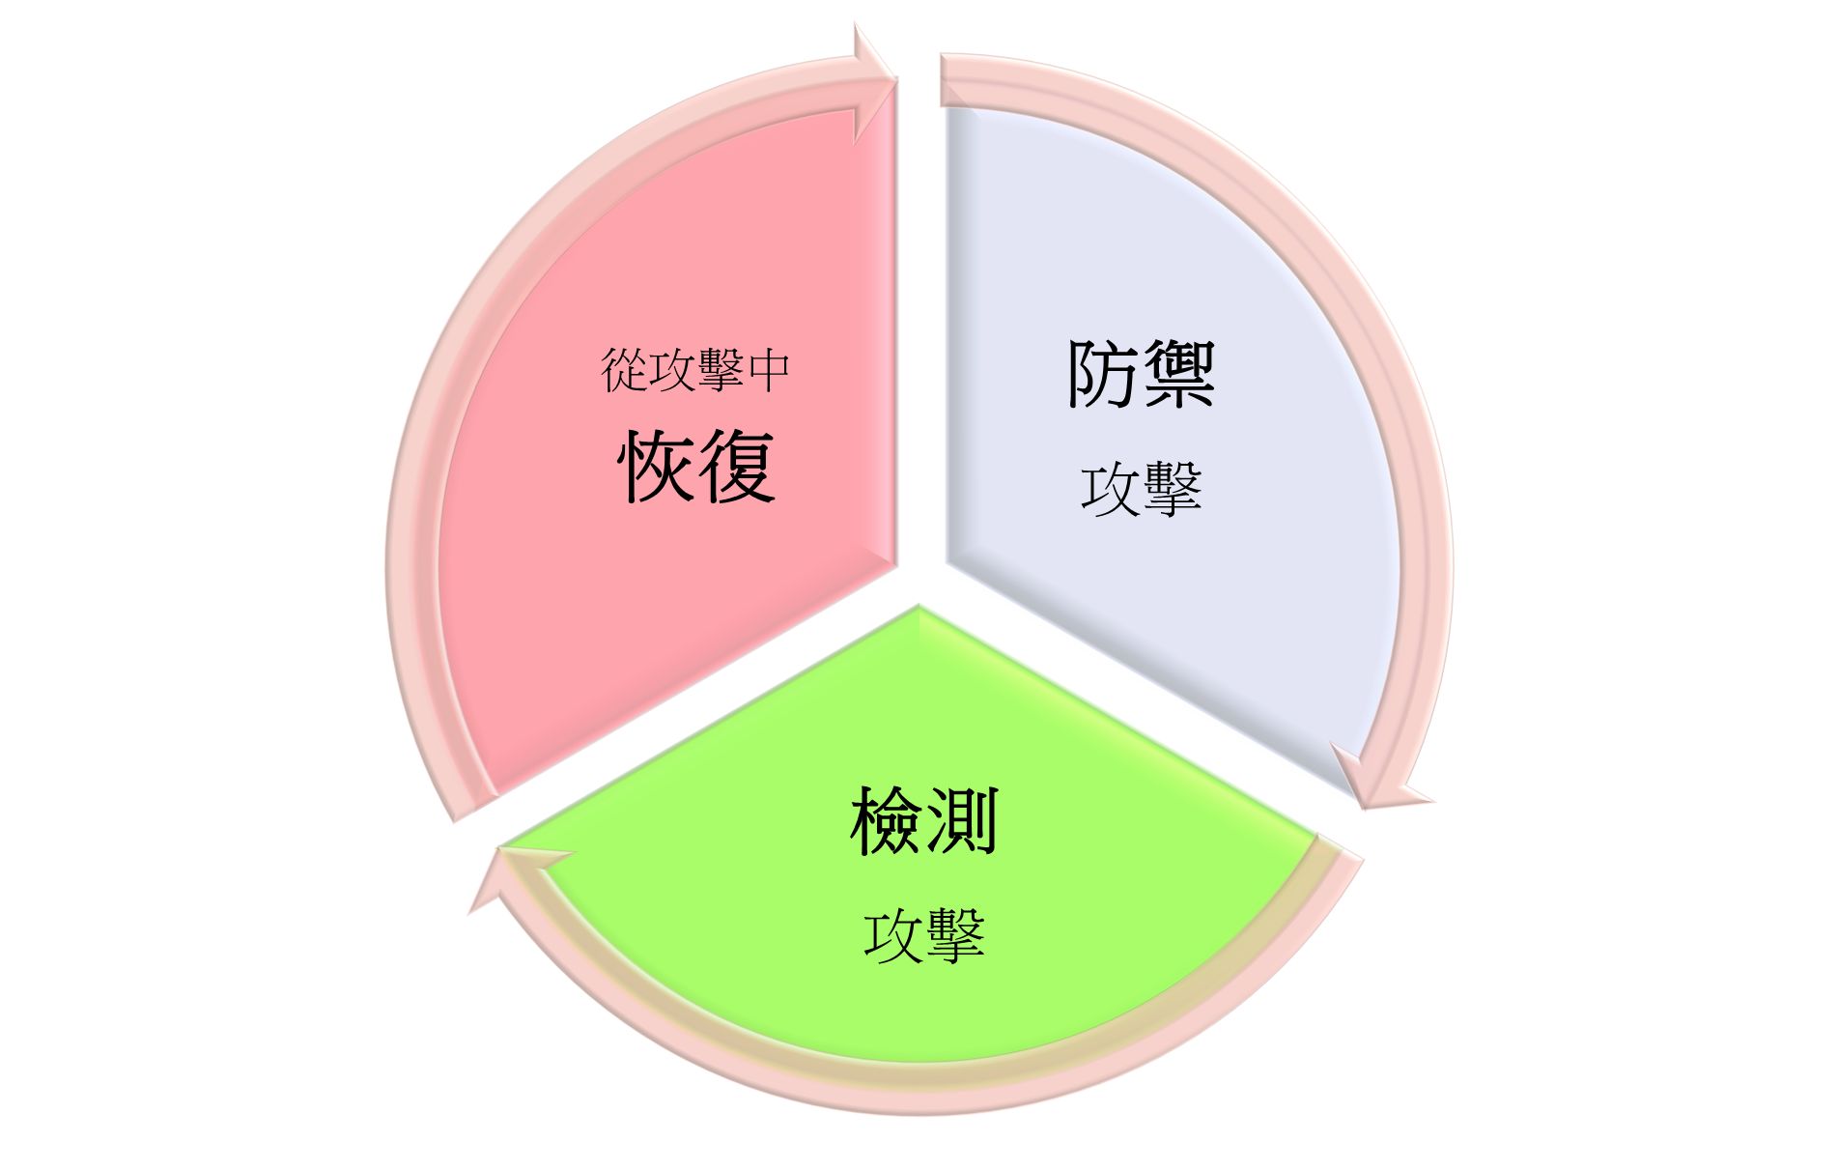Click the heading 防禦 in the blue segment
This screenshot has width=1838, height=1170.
click(1141, 374)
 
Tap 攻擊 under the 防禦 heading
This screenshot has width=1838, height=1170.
click(1141, 488)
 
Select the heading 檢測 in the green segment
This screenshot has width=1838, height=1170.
click(924, 821)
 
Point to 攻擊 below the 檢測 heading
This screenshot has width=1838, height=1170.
click(924, 934)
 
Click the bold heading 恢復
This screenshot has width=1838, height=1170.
click(696, 467)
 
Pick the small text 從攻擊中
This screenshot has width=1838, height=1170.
click(695, 371)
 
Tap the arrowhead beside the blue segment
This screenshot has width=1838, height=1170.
click(1379, 778)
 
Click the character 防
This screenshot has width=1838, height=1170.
click(1103, 374)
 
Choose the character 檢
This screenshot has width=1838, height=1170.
click(887, 821)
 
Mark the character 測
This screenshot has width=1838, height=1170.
click(962, 821)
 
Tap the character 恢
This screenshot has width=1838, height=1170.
click(657, 467)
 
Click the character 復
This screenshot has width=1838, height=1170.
click(737, 467)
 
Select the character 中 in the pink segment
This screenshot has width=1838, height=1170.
click(769, 371)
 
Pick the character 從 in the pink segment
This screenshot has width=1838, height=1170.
click(624, 371)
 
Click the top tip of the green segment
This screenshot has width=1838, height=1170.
click(919, 606)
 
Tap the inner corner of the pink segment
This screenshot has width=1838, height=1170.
click(896, 563)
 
